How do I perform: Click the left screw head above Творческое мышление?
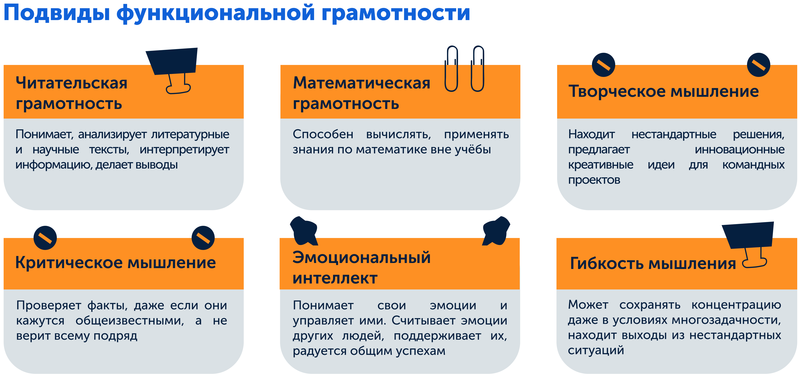[603, 65]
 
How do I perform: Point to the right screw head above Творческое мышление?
[758, 65]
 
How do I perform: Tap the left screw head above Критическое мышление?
[45, 238]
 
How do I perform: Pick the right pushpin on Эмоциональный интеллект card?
[496, 231]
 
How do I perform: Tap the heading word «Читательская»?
[71, 83]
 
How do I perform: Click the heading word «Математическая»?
[361, 83]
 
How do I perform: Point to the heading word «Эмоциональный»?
[361, 257]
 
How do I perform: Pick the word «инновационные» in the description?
[740, 150]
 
